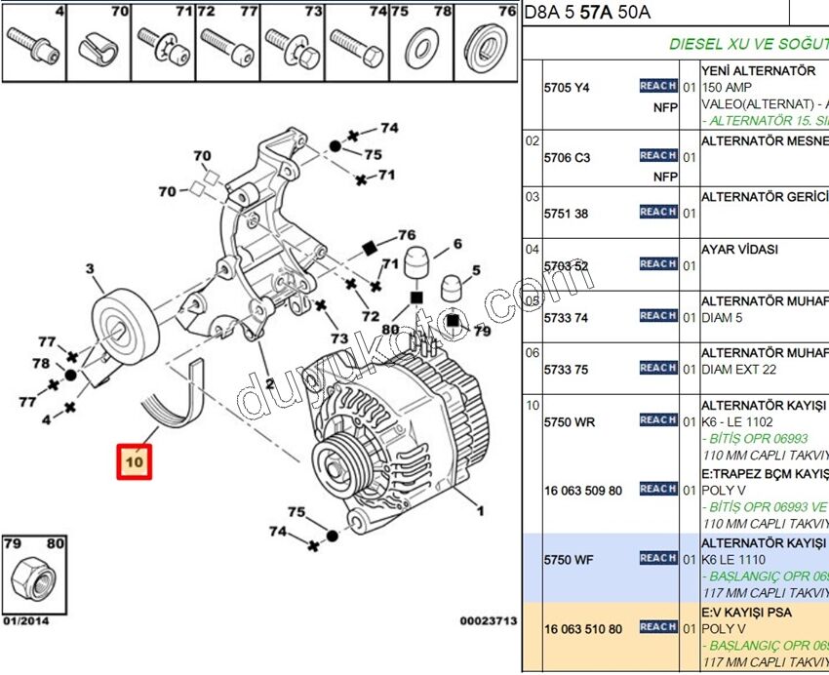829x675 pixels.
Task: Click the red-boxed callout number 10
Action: tap(134, 460)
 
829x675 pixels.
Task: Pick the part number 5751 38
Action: tap(567, 214)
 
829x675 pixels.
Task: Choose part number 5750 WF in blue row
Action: tap(569, 560)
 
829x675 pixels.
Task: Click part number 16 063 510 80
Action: tap(583, 629)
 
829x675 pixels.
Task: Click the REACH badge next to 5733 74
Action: tap(658, 315)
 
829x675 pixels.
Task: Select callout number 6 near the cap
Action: tap(456, 244)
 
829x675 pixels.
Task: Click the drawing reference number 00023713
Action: tap(487, 619)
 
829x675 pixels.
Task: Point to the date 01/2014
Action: tap(24, 619)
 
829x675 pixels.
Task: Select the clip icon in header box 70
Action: tap(99, 48)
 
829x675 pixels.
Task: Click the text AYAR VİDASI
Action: tap(739, 250)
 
